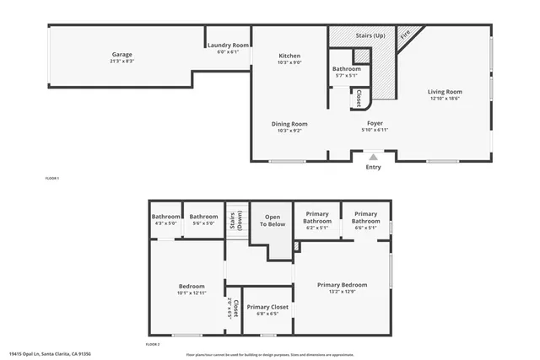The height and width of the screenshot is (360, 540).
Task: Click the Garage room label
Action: (122, 57)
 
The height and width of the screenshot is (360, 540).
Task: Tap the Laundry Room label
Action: (229, 48)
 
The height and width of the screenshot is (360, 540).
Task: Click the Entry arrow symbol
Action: (373, 156)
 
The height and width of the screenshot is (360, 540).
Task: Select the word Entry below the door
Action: (373, 167)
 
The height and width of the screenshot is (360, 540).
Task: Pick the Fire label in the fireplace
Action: (405, 36)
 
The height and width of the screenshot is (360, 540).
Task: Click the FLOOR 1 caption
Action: (52, 179)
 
